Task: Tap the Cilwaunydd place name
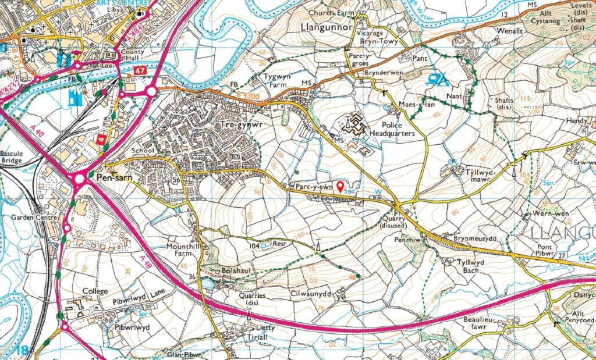coord(310,294)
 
